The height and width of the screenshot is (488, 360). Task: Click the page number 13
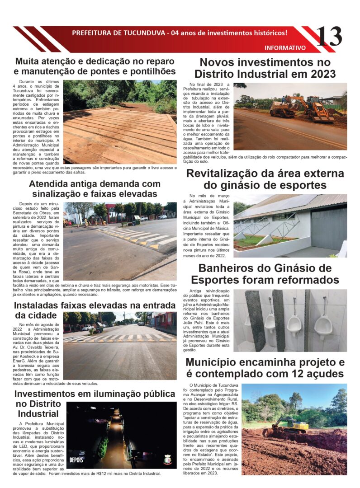pyautogui.click(x=329, y=37)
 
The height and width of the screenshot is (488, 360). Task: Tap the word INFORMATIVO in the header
pyautogui.click(x=285, y=47)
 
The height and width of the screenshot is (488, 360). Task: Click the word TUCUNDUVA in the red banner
pyautogui.click(x=141, y=33)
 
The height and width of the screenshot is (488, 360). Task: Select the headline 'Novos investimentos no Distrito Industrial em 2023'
pyautogui.click(x=265, y=68)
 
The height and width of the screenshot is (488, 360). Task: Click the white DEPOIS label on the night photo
pyautogui.click(x=76, y=460)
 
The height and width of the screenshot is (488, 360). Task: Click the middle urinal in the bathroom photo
pyautogui.click(x=294, y=323)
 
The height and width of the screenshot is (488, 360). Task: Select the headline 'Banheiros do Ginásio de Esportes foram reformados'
pyautogui.click(x=265, y=273)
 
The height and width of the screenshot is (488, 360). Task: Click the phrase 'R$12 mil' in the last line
pyautogui.click(x=114, y=474)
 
